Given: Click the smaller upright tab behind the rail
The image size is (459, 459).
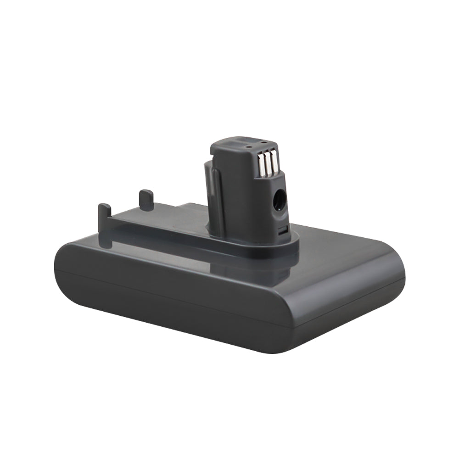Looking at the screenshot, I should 146,200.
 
